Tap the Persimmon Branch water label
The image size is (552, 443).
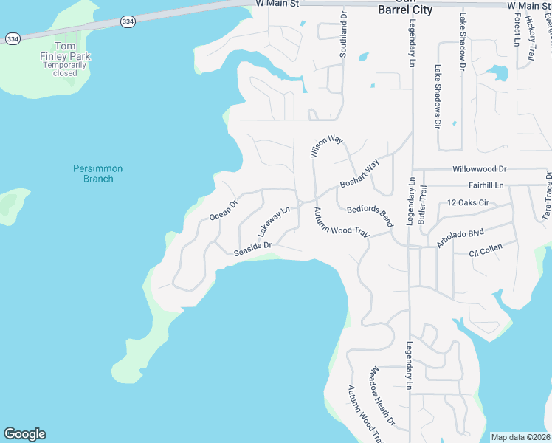[x=97, y=174]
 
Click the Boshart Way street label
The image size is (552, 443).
[x=359, y=174]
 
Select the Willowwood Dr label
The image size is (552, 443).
[x=480, y=169]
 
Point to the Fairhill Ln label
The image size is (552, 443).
[x=486, y=185]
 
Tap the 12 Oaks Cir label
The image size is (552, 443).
[x=468, y=202]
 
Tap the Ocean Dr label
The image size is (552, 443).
[x=224, y=210]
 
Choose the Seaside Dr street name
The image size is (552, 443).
[x=253, y=249]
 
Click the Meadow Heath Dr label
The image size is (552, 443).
[x=383, y=396]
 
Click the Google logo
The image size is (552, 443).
[x=24, y=434]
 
